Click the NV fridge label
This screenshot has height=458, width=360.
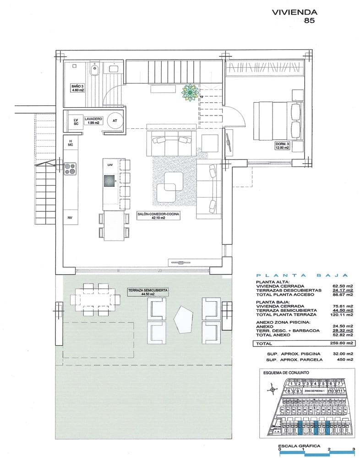(x=71, y=218)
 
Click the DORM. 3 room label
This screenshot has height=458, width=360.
(x=282, y=145)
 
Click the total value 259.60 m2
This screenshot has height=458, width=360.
(x=343, y=342)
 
